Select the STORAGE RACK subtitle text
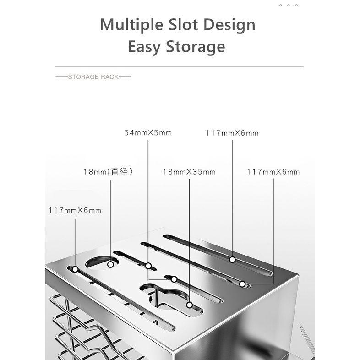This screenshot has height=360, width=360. point(93,77)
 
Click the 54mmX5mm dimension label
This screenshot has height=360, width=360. point(148,133)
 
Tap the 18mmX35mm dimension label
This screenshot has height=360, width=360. point(189,172)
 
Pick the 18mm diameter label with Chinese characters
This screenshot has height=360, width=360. point(108,172)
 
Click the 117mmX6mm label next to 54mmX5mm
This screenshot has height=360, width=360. point(232,133)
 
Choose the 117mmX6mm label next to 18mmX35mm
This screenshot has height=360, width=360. point(273,172)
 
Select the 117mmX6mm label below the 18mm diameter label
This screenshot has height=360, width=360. point(75,211)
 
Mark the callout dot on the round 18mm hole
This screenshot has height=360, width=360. point(110,264)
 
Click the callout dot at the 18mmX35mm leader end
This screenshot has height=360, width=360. point(189,305)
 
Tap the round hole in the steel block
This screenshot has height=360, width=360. point(102,262)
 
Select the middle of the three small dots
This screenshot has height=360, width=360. point(289,5)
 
